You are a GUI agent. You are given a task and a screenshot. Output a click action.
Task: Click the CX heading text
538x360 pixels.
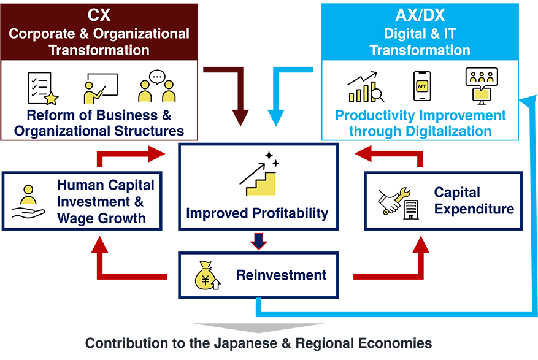tap(99, 15)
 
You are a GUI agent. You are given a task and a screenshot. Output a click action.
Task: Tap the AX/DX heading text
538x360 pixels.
tap(420, 15)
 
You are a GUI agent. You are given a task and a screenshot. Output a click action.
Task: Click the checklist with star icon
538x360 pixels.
tap(43, 88)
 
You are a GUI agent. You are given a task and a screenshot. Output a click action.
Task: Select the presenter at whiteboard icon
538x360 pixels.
tap(101, 88)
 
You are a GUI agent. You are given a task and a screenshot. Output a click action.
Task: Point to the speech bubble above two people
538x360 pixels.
tap(157, 77)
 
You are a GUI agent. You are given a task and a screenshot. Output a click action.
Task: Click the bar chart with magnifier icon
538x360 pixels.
tap(366, 87)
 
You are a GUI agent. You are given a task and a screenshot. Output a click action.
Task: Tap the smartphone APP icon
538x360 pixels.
tap(422, 86)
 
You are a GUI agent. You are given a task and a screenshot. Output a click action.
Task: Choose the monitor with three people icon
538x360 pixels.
tap(482, 86)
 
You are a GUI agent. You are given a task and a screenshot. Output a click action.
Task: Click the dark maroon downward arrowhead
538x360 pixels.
tap(240, 118)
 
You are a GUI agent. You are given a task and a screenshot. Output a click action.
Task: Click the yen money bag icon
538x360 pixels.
tap(207, 275)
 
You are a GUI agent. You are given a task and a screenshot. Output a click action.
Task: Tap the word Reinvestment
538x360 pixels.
tap(282, 275)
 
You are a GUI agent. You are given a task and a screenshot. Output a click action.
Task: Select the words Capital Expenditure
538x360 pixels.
tap(474, 201)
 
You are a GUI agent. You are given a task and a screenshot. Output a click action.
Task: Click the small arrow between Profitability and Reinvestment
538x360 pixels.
tap(259, 241)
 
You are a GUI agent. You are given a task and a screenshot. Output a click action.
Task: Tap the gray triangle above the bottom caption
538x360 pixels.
tap(258, 327)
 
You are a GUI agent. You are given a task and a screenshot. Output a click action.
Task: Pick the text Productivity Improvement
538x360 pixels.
tap(420, 115)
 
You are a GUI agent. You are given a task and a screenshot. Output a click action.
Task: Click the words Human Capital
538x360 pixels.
tap(106, 185)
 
